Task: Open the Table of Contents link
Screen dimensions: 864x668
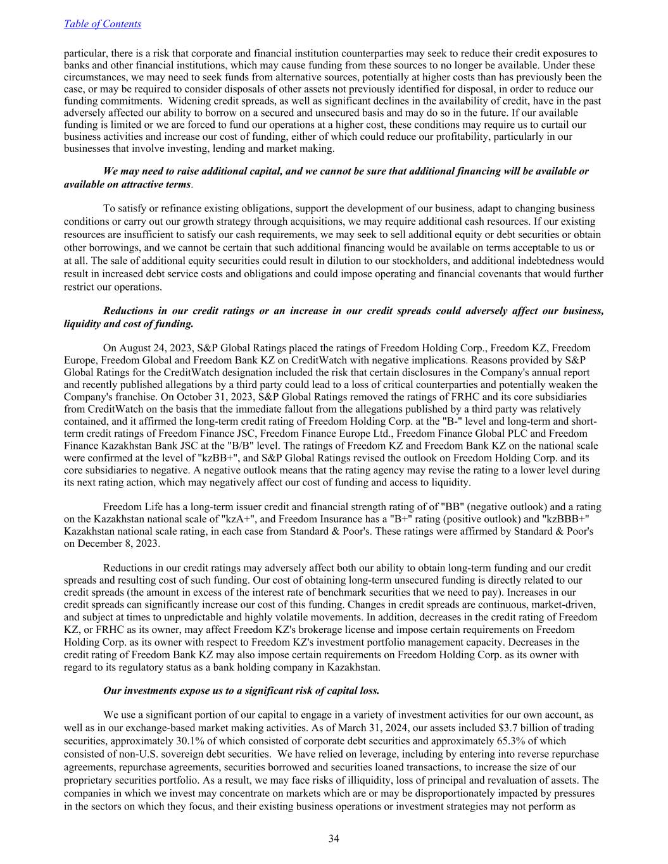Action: pyautogui.click(x=103, y=24)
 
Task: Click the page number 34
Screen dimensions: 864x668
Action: pyautogui.click(x=334, y=839)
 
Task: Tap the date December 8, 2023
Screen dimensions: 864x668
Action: pyautogui.click(x=111, y=544)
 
